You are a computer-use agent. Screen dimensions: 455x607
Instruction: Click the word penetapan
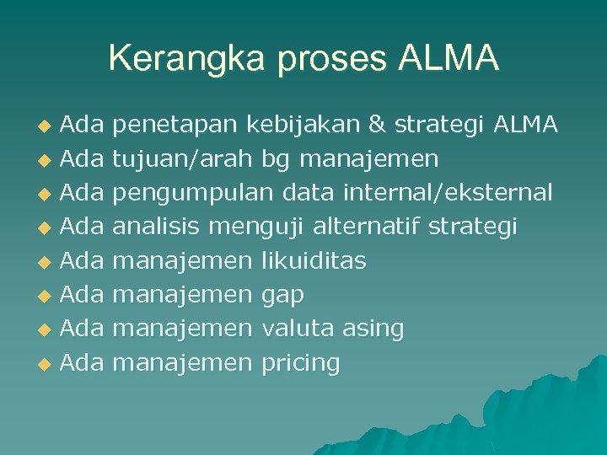[x=175, y=126]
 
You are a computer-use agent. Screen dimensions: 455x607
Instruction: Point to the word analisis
[x=157, y=227]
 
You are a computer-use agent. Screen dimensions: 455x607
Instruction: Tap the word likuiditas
[x=314, y=261]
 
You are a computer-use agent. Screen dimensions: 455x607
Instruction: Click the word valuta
[x=299, y=329]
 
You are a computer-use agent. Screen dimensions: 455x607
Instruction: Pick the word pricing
[x=301, y=364]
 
